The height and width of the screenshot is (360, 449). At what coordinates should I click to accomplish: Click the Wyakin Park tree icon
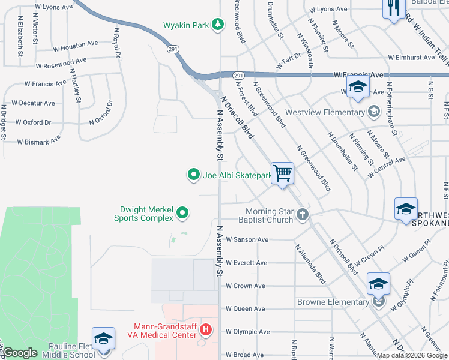(x=219, y=25)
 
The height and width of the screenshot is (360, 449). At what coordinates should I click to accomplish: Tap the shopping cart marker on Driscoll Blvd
(x=283, y=173)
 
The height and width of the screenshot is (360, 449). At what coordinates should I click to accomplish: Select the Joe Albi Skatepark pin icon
(x=194, y=175)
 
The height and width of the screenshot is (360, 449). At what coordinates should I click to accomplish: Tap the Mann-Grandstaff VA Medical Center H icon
(x=206, y=330)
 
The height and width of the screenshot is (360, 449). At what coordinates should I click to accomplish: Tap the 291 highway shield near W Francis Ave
(x=238, y=75)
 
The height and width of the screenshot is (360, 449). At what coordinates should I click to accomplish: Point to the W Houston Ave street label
(x=76, y=44)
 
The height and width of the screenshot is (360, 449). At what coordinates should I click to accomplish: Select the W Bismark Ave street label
(x=39, y=141)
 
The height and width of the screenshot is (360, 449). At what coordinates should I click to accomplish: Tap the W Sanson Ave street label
(x=247, y=239)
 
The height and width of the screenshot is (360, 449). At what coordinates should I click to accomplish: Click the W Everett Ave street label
(x=246, y=263)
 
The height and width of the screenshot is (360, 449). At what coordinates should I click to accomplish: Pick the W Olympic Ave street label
(x=247, y=331)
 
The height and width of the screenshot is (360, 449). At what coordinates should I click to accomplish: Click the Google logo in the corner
(x=20, y=353)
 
